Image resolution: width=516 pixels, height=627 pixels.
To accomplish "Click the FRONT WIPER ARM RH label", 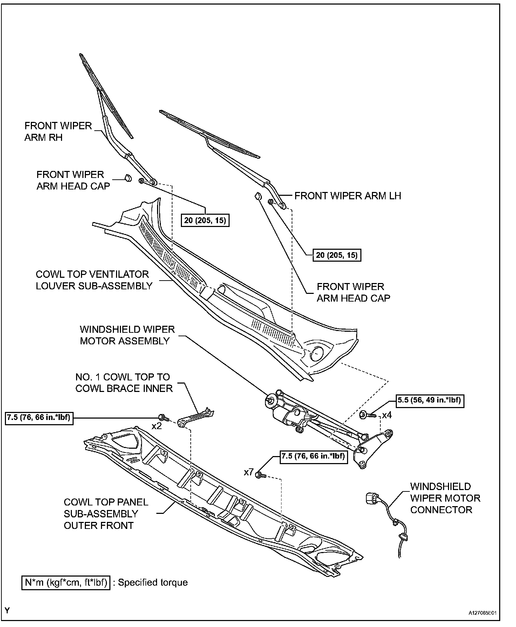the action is click(58, 131).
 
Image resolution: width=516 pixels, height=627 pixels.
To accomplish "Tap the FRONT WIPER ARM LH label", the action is click(348, 196).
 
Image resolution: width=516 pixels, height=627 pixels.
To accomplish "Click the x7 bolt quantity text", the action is click(249, 473).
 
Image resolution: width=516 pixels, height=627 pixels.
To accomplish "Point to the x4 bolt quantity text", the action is click(387, 416).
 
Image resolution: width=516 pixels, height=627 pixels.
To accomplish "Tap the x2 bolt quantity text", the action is click(157, 426).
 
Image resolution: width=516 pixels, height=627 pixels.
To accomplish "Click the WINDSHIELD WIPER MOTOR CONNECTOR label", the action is click(445, 498).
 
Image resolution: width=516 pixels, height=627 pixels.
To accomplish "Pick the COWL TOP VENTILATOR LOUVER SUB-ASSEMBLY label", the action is click(94, 280).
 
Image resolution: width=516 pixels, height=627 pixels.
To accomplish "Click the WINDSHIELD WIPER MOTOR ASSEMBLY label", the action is click(127, 335).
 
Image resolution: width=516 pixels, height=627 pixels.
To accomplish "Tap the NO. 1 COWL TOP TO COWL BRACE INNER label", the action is click(124, 383).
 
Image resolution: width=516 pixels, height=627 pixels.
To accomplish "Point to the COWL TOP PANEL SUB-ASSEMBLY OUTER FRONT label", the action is click(106, 514).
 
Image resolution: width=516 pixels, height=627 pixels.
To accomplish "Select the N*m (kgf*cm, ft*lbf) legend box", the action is click(66, 582).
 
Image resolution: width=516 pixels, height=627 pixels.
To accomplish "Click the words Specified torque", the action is click(153, 583).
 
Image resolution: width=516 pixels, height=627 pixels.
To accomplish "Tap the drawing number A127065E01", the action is click(483, 613).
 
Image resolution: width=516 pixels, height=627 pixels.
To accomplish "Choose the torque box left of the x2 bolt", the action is click(40, 418).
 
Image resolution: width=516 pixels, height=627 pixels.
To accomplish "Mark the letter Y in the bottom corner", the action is click(7, 611).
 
